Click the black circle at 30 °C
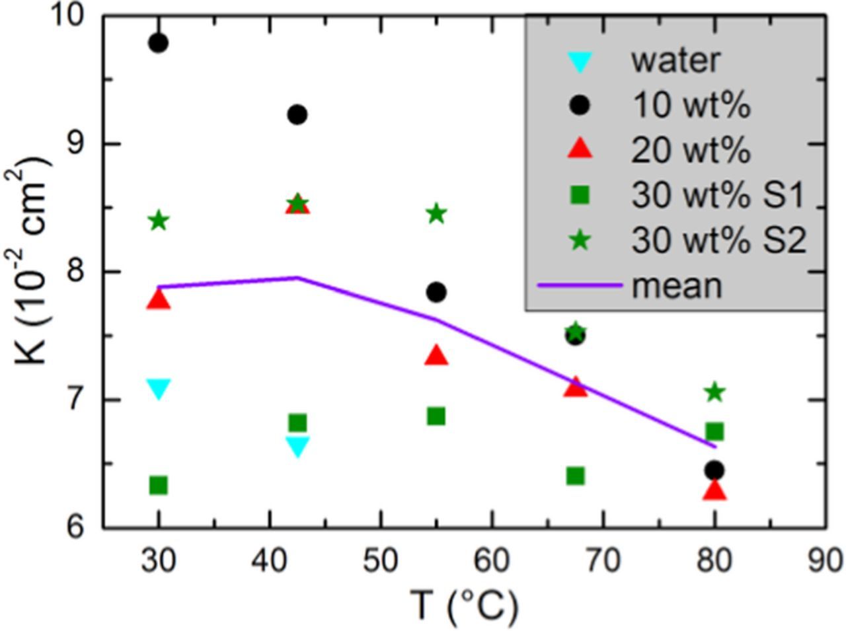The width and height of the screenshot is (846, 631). click(158, 44)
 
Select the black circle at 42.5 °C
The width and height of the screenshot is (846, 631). click(297, 114)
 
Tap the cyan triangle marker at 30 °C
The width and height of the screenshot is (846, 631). click(158, 389)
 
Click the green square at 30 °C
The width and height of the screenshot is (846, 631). click(158, 486)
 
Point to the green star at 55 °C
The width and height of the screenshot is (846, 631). click(436, 214)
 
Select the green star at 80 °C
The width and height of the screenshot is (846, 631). click(714, 393)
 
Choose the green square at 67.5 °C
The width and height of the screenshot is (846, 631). click(576, 476)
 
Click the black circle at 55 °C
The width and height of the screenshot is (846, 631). click(436, 292)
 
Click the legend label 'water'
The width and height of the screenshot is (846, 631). click(675, 61)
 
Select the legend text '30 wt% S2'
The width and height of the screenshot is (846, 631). click(718, 241)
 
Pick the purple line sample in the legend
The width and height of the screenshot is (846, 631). click(580, 285)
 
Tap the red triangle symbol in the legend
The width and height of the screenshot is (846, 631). click(580, 149)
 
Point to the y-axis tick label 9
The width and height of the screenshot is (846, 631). click(78, 143)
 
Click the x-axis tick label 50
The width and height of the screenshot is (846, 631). click(381, 561)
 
